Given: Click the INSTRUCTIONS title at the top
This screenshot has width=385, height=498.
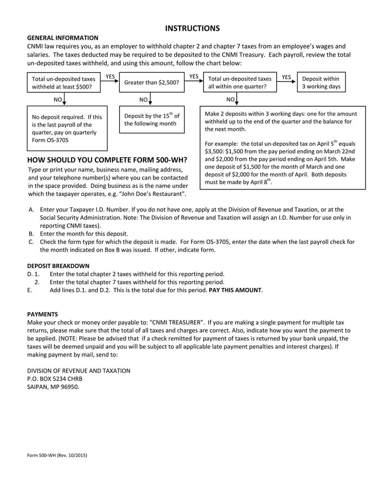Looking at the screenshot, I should pyautogui.click(x=192, y=28).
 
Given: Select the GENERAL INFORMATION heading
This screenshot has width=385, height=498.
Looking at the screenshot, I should pyautogui.click(x=63, y=38).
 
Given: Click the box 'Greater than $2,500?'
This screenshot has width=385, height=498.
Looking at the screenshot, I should pyautogui.click(x=152, y=82).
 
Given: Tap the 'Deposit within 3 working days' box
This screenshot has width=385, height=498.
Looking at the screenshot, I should pyautogui.click(x=321, y=82).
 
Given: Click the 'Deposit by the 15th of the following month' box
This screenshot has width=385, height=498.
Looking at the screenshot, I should pyautogui.click(x=152, y=119).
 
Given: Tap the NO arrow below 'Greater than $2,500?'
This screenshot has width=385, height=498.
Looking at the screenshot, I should pyautogui.click(x=151, y=100).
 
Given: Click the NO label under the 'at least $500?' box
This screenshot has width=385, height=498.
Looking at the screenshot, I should pyautogui.click(x=57, y=100).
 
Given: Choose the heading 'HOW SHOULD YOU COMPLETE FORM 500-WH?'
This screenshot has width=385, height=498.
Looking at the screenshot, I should pyautogui.click(x=107, y=160).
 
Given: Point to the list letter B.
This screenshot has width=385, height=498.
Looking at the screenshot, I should pyautogui.click(x=31, y=233).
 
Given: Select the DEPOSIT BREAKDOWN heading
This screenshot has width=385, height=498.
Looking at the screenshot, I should pyautogui.click(x=58, y=266).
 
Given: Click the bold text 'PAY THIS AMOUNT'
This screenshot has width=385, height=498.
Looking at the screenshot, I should pyautogui.click(x=235, y=290).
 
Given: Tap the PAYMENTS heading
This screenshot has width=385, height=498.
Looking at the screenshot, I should pyautogui.click(x=42, y=314).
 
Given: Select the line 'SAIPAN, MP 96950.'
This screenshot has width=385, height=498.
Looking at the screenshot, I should pyautogui.click(x=53, y=386).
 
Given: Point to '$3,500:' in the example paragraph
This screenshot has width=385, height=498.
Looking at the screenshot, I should pyautogui.click(x=215, y=151).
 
